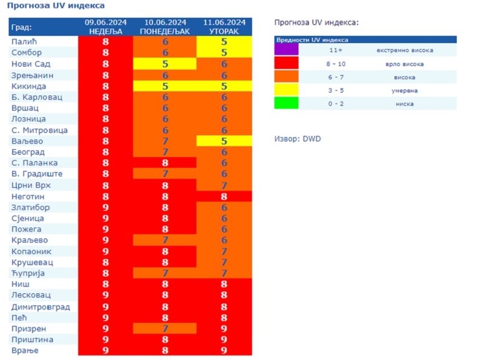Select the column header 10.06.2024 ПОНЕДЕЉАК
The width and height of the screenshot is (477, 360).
coord(165,26)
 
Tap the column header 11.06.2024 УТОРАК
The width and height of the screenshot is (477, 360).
coord(224,26)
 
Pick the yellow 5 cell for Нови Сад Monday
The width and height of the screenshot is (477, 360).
coord(165,64)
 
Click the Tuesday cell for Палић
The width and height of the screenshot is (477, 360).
coord(224,42)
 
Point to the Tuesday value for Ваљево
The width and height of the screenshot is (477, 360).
coord(224,141)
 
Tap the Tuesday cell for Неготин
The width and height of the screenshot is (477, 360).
coord(224,196)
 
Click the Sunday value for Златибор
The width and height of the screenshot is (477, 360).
coord(106,207)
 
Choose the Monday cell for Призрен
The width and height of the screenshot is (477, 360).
coord(165,329)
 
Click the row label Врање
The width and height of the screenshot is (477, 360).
coord(24,350)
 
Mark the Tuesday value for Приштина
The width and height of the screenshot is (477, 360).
coord(224,339)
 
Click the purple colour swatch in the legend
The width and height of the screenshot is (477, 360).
coord(286,50)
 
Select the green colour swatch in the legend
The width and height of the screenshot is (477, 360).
coord(286,103)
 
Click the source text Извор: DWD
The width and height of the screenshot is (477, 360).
coord(297,139)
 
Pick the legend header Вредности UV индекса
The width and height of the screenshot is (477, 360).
coord(312,40)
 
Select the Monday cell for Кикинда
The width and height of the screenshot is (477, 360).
coord(165,86)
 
